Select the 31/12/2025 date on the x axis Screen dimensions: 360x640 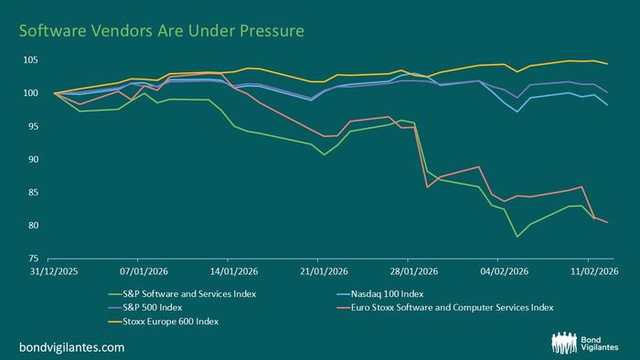point(55,271)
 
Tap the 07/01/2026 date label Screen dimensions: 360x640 point(144,271)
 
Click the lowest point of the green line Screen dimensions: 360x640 point(517,237)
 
